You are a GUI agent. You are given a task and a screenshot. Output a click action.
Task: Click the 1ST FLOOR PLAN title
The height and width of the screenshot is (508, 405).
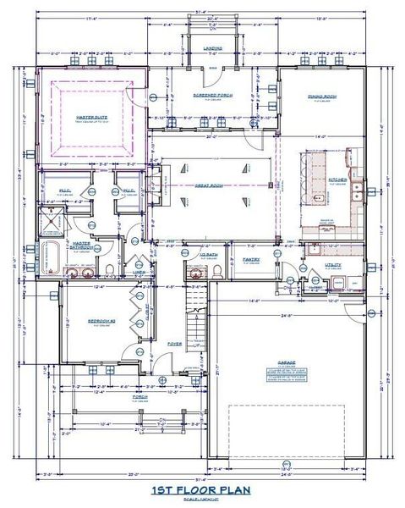tap(201, 490)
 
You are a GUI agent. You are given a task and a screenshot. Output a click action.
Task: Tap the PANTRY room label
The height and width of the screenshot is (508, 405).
tap(251, 259)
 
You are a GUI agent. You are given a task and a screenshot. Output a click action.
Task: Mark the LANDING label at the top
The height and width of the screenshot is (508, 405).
tap(213, 48)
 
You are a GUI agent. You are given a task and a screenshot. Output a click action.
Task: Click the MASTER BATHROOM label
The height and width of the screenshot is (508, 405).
tap(82, 248)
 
